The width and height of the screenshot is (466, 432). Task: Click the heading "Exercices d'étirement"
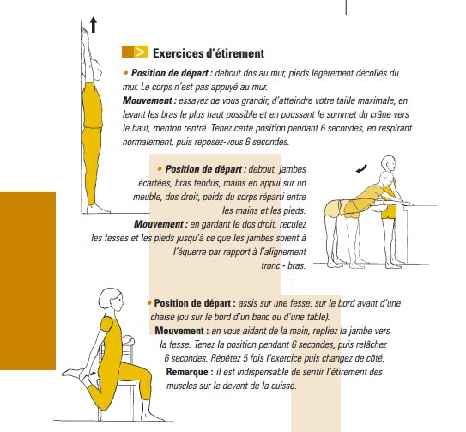pyautogui.click(x=202, y=54)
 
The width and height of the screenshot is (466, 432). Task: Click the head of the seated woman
pyautogui.click(x=110, y=301)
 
